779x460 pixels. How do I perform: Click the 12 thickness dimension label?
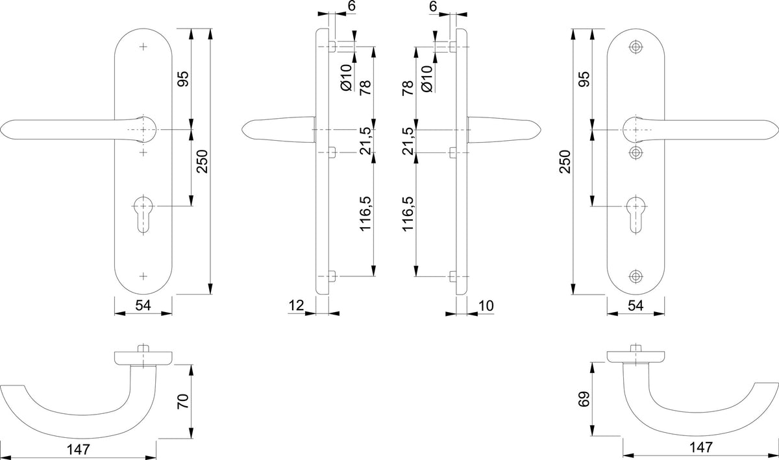tap(296, 306)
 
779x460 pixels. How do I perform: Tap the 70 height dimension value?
tap(183, 401)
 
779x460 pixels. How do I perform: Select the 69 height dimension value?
tap(584, 399)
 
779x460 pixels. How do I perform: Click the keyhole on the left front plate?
tap(143, 215)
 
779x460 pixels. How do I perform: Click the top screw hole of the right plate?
tap(636, 47)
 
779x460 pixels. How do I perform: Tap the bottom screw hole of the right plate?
tap(636, 276)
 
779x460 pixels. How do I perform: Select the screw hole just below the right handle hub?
tap(636, 152)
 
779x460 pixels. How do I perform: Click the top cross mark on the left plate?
tap(143, 47)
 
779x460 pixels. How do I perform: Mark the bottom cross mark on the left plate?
tap(143, 276)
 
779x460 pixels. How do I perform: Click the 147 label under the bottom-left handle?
tap(79, 450)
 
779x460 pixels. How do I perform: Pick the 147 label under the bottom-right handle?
tap(700, 448)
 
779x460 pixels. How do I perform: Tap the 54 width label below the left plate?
tap(143, 306)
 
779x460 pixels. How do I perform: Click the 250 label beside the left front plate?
tap(202, 162)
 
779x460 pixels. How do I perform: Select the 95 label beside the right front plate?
tap(584, 79)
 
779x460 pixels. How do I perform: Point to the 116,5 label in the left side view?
tap(365, 214)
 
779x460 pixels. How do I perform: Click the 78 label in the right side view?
tap(408, 88)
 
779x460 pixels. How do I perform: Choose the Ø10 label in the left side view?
tap(347, 78)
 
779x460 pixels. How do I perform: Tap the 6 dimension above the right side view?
tap(433, 6)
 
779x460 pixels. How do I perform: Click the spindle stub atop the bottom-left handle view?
tap(143, 348)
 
